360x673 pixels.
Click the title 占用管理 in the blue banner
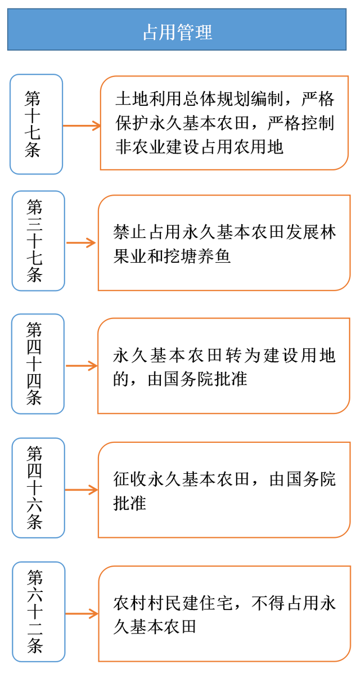click(x=177, y=32)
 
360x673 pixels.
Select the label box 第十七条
click(x=36, y=124)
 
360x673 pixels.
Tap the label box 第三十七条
click(x=38, y=241)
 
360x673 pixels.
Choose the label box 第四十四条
click(x=38, y=364)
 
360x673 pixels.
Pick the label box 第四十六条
click(x=38, y=488)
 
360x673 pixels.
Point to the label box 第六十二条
click(x=38, y=612)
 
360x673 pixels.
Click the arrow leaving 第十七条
click(x=82, y=125)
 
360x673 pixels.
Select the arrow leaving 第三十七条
click(x=82, y=243)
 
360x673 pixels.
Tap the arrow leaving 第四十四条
click(x=82, y=366)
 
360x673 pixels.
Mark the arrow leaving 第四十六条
click(x=82, y=490)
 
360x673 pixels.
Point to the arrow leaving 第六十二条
click(x=82, y=613)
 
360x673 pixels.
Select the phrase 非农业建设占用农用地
click(x=199, y=147)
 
